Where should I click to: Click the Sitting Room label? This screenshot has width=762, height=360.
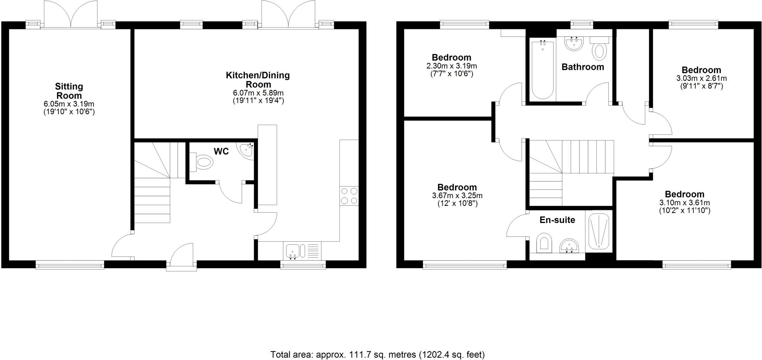point(69,91)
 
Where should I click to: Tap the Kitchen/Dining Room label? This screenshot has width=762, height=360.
point(258,80)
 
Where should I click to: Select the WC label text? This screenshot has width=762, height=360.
point(221,151)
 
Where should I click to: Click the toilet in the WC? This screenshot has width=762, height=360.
point(203,162)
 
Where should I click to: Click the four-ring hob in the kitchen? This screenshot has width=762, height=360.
point(349,196)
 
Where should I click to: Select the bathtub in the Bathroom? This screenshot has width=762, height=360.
point(542,70)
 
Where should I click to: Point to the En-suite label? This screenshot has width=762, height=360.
point(557,220)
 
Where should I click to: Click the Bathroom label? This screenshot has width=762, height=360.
point(583,67)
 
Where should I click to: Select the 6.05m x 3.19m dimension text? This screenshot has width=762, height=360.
point(69,104)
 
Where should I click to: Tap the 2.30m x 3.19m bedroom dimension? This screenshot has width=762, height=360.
point(451,66)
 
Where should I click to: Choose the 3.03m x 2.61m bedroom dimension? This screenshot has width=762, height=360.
point(701,79)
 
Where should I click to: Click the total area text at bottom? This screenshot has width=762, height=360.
point(377,354)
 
